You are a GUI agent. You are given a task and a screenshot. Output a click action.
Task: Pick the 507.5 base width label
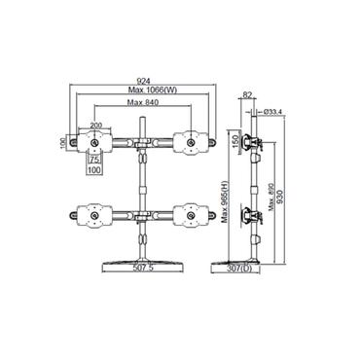tap(144, 268)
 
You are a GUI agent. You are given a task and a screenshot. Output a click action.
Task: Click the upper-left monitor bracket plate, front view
tap(95, 142)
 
